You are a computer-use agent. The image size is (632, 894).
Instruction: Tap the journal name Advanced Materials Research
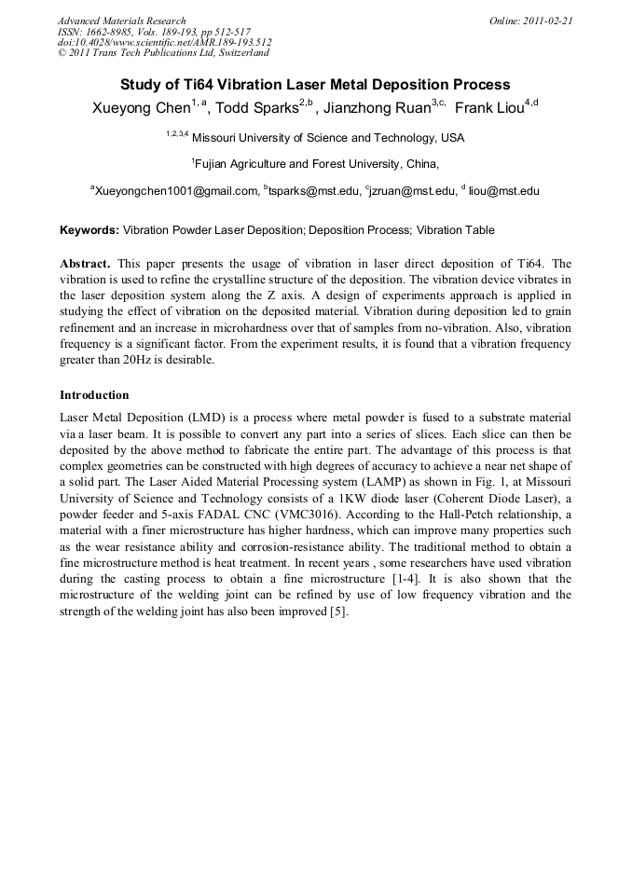click(121, 21)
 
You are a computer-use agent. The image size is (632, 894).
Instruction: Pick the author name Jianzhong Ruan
click(377, 107)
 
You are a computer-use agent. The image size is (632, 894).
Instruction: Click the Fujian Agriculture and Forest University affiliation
click(317, 165)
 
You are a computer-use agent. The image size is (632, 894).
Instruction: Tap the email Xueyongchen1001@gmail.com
click(176, 192)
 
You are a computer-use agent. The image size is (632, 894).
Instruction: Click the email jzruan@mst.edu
click(412, 192)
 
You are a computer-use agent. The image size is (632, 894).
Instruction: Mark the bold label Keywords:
click(89, 230)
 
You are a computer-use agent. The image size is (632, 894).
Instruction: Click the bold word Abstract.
click(86, 264)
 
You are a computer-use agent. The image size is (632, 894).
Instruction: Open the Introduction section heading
click(94, 394)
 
